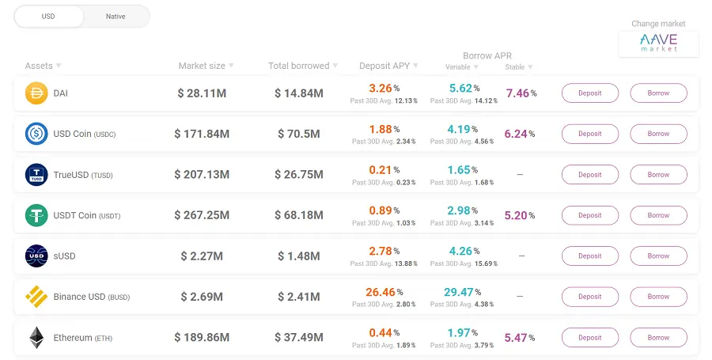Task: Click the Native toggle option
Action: pos(116,17)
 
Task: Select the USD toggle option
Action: pos(48,17)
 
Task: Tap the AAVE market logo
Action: pos(658,43)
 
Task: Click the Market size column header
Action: pos(202,66)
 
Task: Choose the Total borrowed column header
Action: pos(299,66)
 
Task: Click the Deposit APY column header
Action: pos(384,66)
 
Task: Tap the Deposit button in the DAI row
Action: pos(590,93)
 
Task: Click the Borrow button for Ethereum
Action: pos(658,337)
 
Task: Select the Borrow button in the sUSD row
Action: pos(658,256)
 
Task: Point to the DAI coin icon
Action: pos(36,93)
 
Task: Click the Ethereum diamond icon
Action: pos(36,338)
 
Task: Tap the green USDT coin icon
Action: pos(36,215)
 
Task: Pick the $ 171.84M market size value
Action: pos(202,134)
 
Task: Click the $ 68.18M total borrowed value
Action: pos(299,215)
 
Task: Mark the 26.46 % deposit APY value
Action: pos(384,292)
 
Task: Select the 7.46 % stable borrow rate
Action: pos(521,93)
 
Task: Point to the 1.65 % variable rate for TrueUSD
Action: pos(462,170)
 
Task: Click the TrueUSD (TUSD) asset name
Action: pos(83,175)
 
